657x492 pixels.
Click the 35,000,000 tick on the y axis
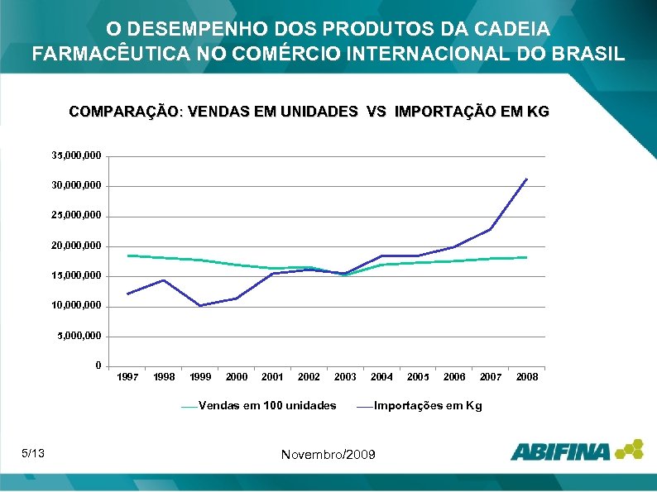point(77,155)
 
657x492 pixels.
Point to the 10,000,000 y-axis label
point(77,306)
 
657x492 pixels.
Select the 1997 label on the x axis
point(127,377)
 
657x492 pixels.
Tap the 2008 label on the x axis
point(527,377)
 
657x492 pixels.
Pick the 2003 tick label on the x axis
point(345,377)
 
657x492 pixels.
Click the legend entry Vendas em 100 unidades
point(267,405)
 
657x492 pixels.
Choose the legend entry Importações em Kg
point(427,405)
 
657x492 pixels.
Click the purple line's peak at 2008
point(526,179)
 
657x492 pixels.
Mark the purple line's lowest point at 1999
point(200,306)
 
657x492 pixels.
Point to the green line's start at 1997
point(128,256)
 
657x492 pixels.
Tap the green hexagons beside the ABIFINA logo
point(628,448)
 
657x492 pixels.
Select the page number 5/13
point(34,452)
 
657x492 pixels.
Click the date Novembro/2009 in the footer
point(328,455)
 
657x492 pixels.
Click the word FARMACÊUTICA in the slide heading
point(101,55)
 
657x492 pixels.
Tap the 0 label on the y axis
point(98,365)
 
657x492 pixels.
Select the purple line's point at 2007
point(491,229)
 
